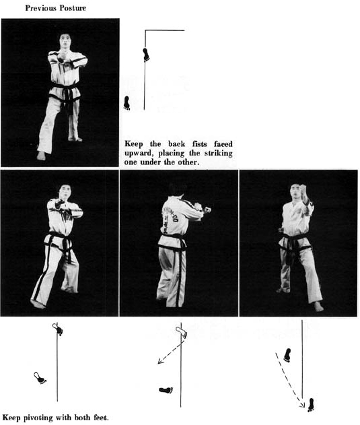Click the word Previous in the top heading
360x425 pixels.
(x=41, y=8)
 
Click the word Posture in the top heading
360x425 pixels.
(x=73, y=8)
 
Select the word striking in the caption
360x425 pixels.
(x=218, y=153)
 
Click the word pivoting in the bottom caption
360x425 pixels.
(x=38, y=418)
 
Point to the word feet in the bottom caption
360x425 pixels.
(x=101, y=418)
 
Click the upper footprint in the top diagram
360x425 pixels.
(x=146, y=55)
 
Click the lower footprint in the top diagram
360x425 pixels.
(x=127, y=103)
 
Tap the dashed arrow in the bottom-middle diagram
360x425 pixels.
(x=171, y=352)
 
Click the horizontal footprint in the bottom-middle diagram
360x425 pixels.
(x=166, y=390)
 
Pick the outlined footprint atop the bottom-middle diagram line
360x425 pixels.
(x=181, y=332)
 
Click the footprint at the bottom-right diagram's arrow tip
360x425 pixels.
(x=311, y=405)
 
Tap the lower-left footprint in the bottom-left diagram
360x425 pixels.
(x=40, y=378)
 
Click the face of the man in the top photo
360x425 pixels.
(x=65, y=40)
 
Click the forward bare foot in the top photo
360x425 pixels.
(x=41, y=156)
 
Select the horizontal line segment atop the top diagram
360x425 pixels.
(x=165, y=30)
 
